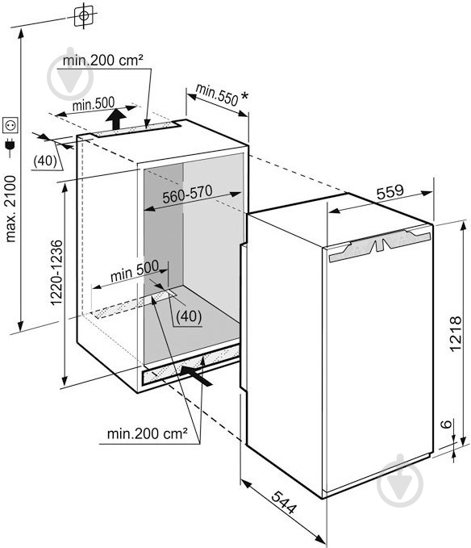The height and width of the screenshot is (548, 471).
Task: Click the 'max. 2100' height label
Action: click(10, 209)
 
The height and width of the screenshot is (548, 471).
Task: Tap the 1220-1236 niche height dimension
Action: click(56, 273)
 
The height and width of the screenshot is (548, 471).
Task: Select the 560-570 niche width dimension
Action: click(187, 194)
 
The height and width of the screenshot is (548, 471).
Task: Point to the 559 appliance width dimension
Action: click(390, 191)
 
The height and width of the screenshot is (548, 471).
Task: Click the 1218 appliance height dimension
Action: click(456, 334)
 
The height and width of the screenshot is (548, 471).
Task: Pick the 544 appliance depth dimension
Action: click(284, 502)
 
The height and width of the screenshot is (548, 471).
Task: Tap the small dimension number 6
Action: click(446, 424)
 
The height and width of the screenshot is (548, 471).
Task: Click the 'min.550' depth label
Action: click(217, 94)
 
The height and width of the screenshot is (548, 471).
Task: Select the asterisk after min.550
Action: click(244, 95)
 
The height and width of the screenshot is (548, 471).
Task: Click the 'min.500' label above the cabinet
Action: click(94, 104)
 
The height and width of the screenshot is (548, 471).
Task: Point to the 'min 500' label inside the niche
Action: click(135, 271)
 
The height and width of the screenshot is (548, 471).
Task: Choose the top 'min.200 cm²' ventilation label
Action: click(102, 60)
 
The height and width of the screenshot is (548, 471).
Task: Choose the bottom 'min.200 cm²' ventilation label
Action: click(147, 433)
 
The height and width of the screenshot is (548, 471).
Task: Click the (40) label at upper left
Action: click(45, 161)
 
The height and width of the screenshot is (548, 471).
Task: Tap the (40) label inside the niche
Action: click(189, 316)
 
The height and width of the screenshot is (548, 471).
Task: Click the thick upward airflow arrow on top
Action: click(116, 119)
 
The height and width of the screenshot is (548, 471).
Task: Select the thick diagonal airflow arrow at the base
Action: click(197, 375)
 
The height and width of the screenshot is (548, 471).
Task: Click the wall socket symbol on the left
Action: click(10, 125)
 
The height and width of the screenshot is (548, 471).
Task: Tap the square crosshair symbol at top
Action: click(84, 15)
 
